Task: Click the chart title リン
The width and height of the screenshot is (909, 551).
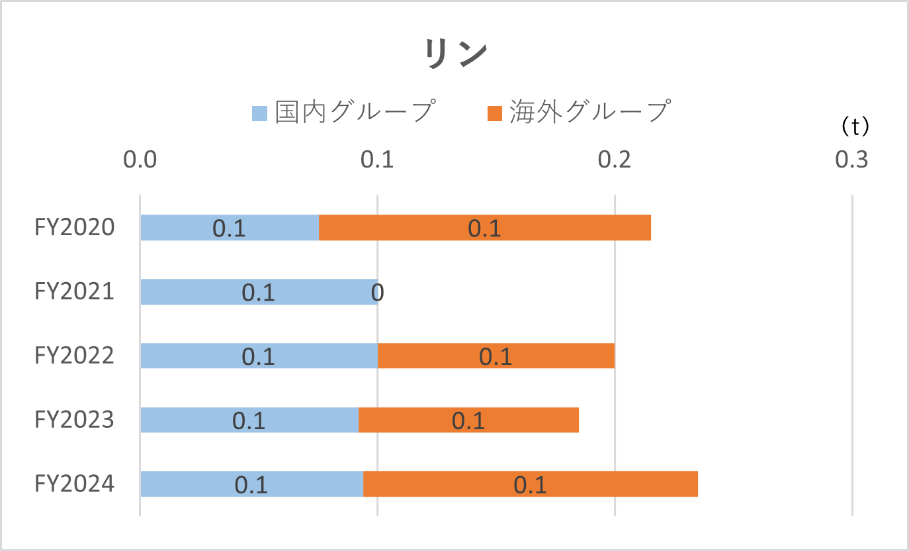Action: (x=456, y=54)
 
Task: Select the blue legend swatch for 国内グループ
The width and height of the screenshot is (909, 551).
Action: (x=260, y=113)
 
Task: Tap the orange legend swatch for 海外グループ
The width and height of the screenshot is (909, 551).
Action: (x=495, y=113)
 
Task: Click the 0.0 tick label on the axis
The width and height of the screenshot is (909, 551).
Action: (x=140, y=160)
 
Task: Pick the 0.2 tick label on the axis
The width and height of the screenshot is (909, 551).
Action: (x=615, y=160)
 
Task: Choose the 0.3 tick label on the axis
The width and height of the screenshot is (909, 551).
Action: (x=851, y=160)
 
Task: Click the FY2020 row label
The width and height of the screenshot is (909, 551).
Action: (x=75, y=228)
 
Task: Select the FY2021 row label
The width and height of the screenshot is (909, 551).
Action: (x=75, y=292)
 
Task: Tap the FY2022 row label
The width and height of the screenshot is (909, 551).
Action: (x=75, y=356)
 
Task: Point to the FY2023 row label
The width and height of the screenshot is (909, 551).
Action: (x=75, y=421)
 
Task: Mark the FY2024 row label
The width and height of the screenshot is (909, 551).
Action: (x=75, y=484)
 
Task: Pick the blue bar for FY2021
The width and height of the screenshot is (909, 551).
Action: (x=198, y=292)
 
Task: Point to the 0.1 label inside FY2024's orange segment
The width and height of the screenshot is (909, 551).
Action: (x=530, y=485)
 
